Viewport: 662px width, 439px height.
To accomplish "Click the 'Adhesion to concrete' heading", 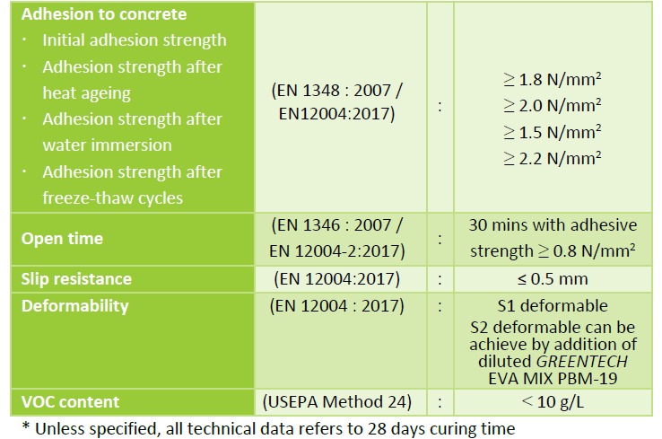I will click(x=104, y=14).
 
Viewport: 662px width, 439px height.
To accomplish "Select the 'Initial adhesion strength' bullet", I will click(x=134, y=40).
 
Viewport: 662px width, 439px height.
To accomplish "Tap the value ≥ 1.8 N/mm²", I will click(x=552, y=79).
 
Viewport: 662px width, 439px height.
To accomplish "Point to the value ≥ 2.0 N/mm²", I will click(x=552, y=105).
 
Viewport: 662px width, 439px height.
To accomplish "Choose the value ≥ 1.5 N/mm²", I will click(x=552, y=131).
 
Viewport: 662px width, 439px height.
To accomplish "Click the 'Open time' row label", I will click(x=62, y=239).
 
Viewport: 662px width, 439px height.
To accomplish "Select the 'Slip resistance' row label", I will click(x=76, y=279).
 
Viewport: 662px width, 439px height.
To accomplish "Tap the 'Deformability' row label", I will click(x=74, y=306).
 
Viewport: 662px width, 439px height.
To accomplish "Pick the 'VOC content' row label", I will click(x=71, y=401).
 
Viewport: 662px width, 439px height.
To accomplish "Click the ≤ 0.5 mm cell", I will click(x=552, y=279).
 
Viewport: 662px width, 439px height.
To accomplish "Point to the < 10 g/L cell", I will click(x=552, y=401).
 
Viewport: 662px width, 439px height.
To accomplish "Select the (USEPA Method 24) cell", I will click(x=336, y=401).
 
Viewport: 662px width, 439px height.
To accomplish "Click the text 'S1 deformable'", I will click(x=552, y=306).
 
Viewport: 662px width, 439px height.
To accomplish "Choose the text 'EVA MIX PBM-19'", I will click(x=552, y=378).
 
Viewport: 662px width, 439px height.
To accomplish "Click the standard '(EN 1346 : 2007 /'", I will click(x=336, y=225).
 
